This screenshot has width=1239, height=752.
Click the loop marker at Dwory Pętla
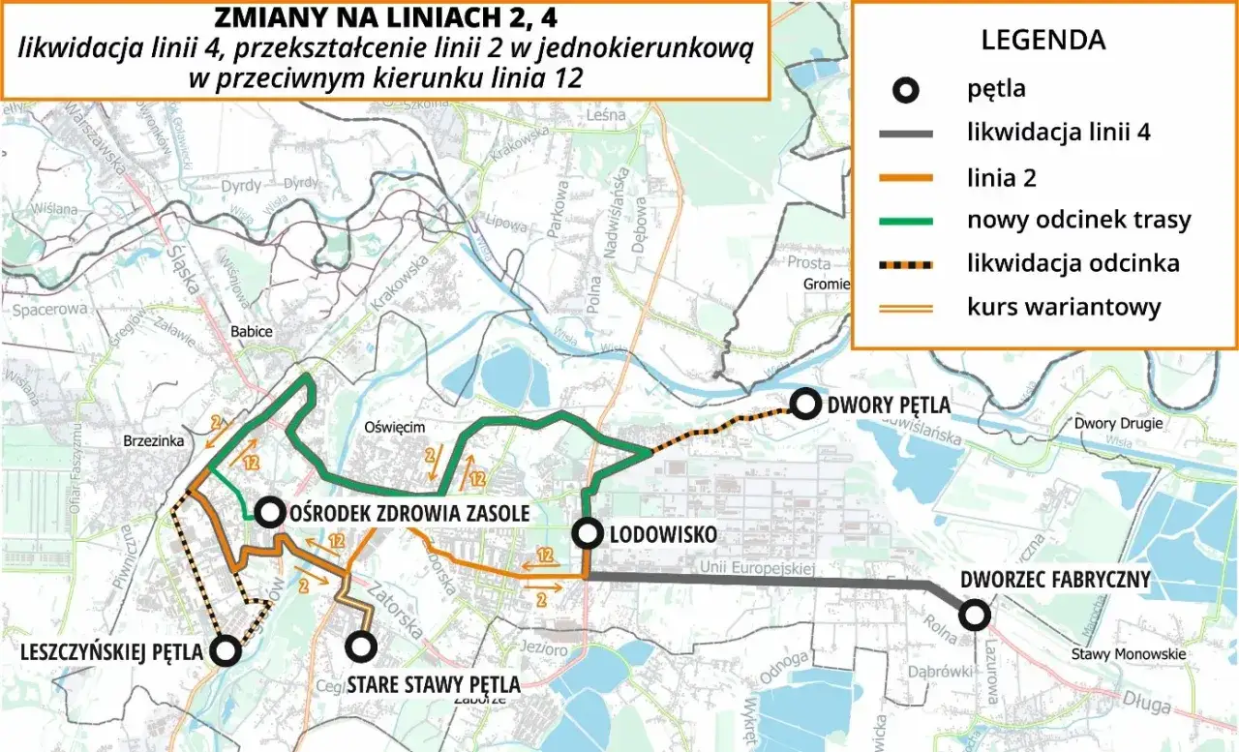pyautogui.click(x=805, y=405)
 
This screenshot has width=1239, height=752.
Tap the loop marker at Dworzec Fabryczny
pyautogui.click(x=974, y=614)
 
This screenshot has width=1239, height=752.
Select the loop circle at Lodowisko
pyautogui.click(x=587, y=532)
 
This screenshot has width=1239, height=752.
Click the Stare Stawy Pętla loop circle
pyautogui.click(x=362, y=646)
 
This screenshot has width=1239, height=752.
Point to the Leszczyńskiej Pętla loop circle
pyautogui.click(x=226, y=651)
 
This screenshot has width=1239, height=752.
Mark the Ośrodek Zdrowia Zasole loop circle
pyautogui.click(x=268, y=513)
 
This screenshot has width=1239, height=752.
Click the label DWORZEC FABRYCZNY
pyautogui.click(x=1054, y=581)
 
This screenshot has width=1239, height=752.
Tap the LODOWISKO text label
pyautogui.click(x=665, y=534)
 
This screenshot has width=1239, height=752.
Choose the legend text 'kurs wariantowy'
pyautogui.click(x=1063, y=308)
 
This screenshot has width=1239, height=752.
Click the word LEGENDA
pyautogui.click(x=1043, y=41)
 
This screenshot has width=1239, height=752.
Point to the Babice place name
pyautogui.click(x=251, y=332)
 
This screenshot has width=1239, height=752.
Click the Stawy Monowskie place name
pyautogui.click(x=1128, y=654)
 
